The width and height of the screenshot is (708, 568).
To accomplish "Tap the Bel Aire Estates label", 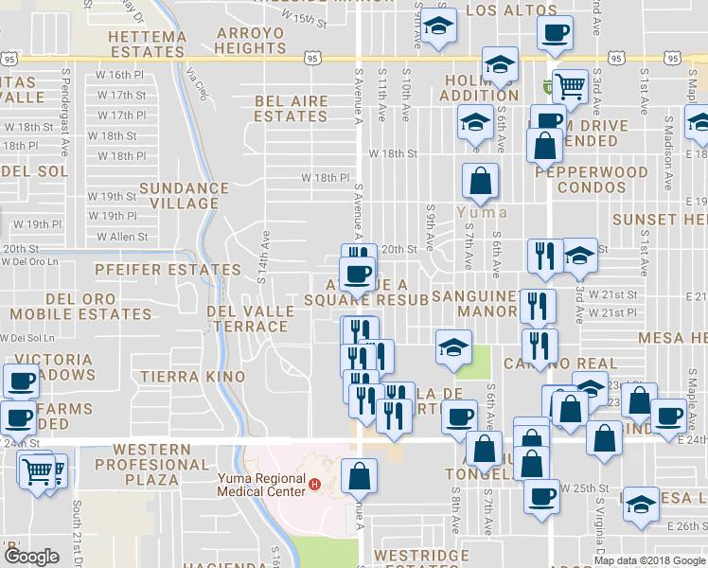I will pyautogui.click(x=291, y=109).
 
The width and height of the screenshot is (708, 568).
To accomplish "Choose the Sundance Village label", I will pyautogui.click(x=185, y=196).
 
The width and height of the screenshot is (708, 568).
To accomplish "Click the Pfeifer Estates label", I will pyautogui.click(x=168, y=270).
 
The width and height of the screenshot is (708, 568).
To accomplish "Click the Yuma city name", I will pyautogui.click(x=475, y=212).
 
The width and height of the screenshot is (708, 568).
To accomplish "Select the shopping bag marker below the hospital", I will pyautogui.click(x=359, y=476).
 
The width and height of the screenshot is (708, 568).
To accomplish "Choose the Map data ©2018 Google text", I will pyautogui.click(x=648, y=560).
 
